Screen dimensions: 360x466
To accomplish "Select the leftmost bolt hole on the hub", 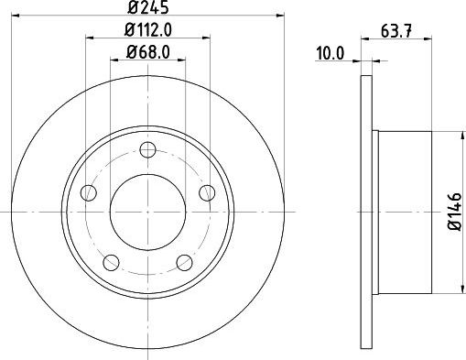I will [89, 192].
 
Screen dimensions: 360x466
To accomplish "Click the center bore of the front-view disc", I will [147, 212].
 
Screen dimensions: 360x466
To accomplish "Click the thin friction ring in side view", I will [367, 212].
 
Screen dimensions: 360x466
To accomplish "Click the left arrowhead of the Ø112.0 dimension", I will [90, 38].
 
